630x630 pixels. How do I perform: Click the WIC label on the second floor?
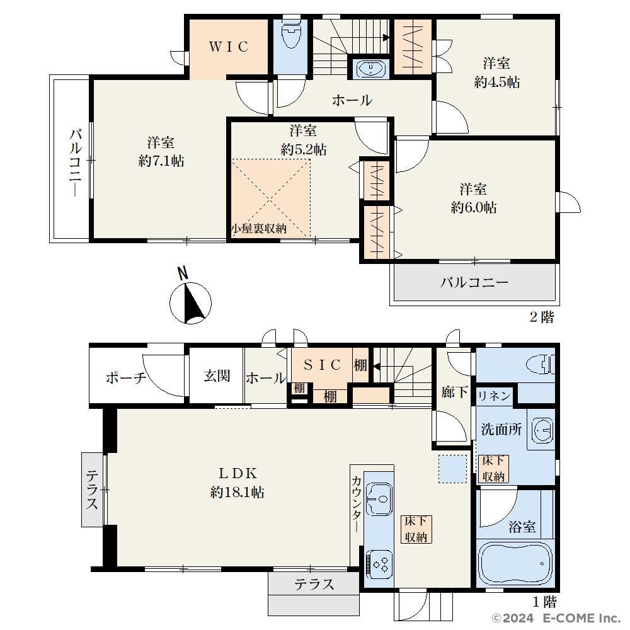[x=229, y=47]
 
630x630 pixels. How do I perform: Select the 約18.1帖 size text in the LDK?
[x=237, y=492]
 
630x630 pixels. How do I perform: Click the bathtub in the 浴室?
[x=515, y=563]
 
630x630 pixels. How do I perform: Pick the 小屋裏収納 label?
[x=259, y=228]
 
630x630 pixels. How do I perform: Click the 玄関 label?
[x=217, y=376]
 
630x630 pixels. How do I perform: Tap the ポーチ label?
[x=126, y=377]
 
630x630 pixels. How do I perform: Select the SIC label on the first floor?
[x=322, y=364]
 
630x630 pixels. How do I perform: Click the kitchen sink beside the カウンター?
[x=379, y=498]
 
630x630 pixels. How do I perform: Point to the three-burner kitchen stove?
[x=379, y=564]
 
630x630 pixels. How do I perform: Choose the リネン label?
[x=494, y=396]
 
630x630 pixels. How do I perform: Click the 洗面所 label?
[x=501, y=429]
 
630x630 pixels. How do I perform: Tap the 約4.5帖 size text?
[x=496, y=83]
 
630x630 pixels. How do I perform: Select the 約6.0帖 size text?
[x=474, y=207]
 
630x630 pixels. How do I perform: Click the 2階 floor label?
[x=542, y=317]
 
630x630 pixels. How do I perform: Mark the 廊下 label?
[x=454, y=392]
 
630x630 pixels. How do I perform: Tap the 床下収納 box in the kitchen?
[x=416, y=529]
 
